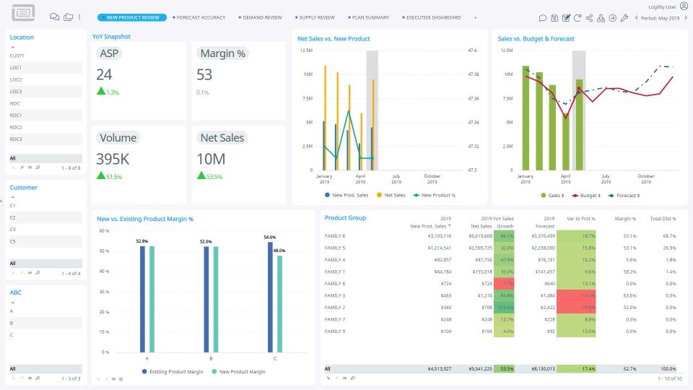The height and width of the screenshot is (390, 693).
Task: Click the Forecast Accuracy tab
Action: (x=201, y=17)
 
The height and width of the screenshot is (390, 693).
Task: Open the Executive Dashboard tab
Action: (x=434, y=17)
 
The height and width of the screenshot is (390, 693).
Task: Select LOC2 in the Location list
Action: (x=16, y=79)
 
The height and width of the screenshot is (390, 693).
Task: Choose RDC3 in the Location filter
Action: (x=16, y=139)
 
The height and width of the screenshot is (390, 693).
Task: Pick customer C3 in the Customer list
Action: (x=12, y=229)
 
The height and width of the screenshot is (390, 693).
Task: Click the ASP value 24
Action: (x=104, y=74)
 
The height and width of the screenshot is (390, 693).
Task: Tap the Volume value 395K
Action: (x=113, y=159)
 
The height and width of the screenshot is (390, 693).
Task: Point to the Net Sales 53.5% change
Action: (x=214, y=176)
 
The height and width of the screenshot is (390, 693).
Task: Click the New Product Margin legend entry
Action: (x=242, y=371)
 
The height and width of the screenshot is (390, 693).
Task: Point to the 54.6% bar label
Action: (x=269, y=237)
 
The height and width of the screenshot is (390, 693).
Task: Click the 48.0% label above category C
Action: (x=279, y=250)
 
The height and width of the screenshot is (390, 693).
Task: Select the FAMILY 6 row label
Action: (x=335, y=235)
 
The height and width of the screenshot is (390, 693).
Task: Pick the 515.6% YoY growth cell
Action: (x=504, y=307)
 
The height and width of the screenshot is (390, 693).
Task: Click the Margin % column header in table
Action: (x=624, y=218)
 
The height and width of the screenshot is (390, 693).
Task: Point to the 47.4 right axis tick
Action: (x=473, y=51)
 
